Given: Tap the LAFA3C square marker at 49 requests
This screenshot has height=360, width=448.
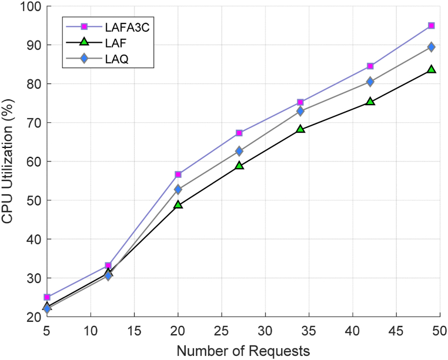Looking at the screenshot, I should [x=431, y=26].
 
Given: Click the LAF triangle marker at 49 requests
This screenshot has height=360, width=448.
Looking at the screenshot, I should [x=431, y=69].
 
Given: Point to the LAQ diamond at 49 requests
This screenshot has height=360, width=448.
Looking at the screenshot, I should [x=431, y=47].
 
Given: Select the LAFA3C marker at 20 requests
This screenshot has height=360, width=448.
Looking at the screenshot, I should [x=178, y=174].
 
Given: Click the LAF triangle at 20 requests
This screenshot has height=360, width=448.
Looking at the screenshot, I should [x=178, y=205].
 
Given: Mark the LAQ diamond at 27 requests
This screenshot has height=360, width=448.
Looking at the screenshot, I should [x=239, y=151].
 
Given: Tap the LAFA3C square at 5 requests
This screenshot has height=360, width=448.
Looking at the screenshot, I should [x=47, y=297].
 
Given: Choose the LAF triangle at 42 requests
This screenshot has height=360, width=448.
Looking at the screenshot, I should [x=370, y=102].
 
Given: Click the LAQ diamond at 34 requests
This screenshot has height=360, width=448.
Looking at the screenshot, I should [x=300, y=111].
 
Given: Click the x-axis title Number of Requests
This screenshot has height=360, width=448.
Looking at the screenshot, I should [x=243, y=351].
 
